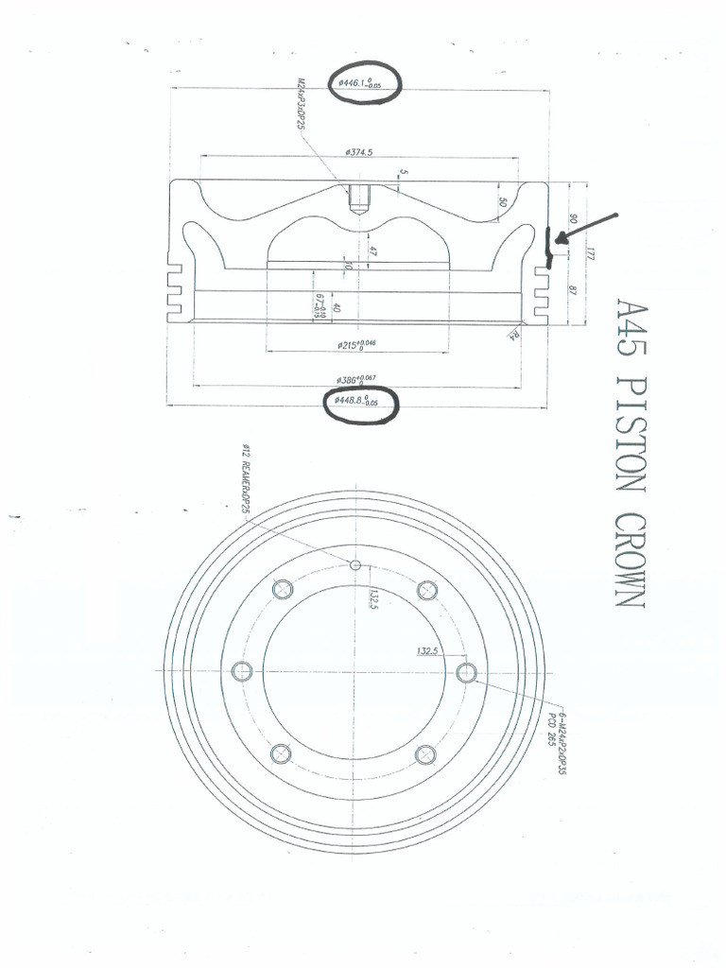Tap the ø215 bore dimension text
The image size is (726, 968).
pyautogui.click(x=356, y=345)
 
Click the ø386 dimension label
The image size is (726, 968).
pyautogui.click(x=356, y=380)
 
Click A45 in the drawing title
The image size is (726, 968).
pyautogui.click(x=628, y=327)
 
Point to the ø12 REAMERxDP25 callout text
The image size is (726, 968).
pyautogui.click(x=247, y=481)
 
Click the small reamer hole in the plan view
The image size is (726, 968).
pyautogui.click(x=355, y=565)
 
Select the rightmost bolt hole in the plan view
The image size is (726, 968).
pyautogui.click(x=465, y=672)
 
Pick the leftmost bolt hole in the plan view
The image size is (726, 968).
pyautogui.click(x=242, y=672)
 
